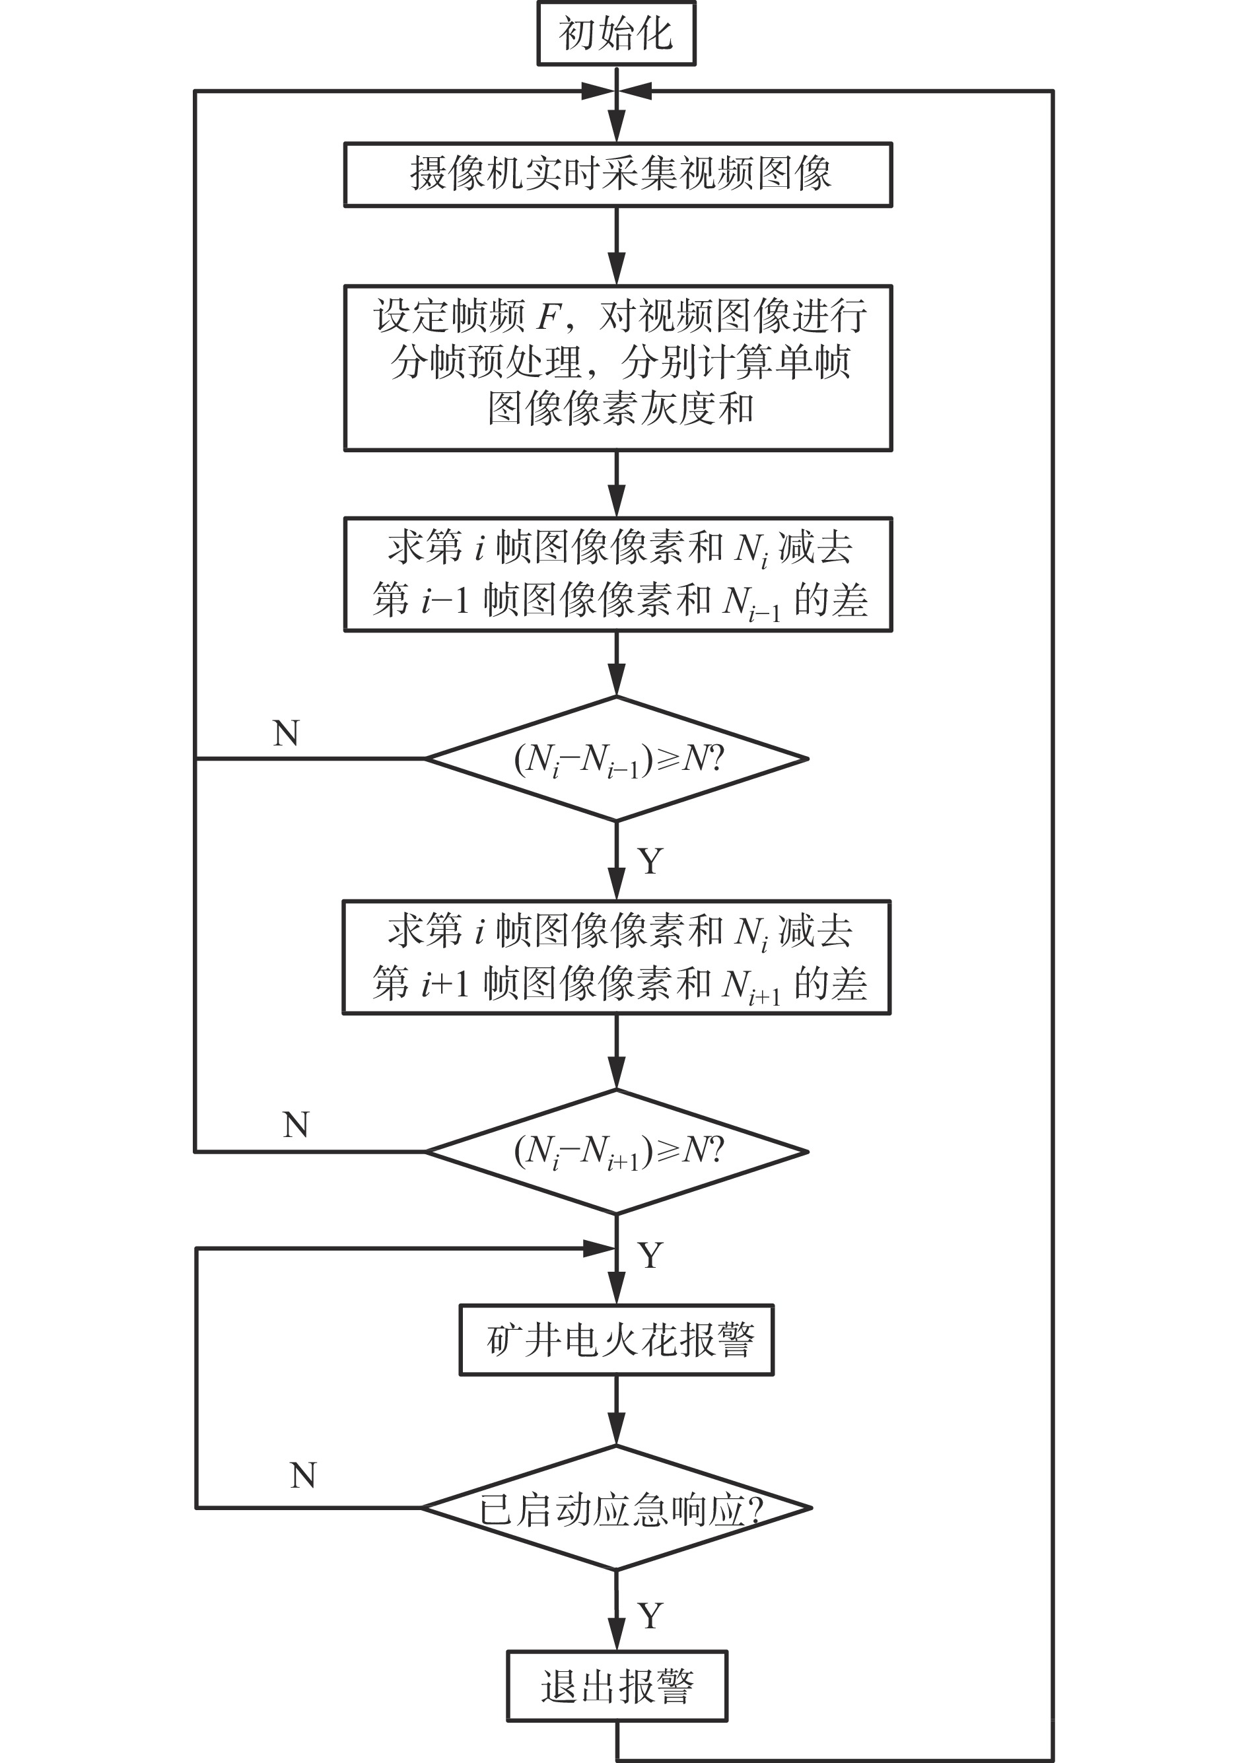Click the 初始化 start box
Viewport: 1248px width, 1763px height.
[x=616, y=34]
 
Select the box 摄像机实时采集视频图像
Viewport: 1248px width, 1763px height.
[x=618, y=174]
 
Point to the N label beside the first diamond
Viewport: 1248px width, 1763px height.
[x=286, y=734]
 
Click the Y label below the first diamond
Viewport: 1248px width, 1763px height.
[x=650, y=862]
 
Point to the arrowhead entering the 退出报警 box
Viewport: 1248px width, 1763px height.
[x=616, y=1636]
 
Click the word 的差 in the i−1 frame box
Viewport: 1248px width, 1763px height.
[x=830, y=600]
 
